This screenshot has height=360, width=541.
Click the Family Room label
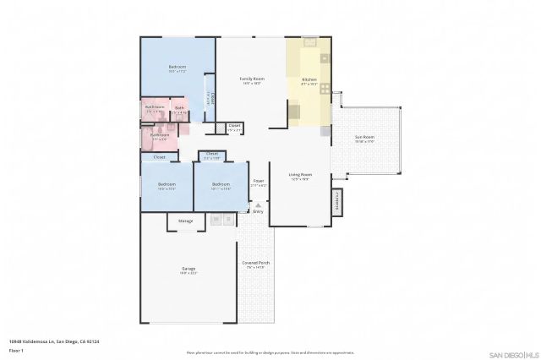tap(252, 79)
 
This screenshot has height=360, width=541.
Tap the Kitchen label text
tap(309, 79)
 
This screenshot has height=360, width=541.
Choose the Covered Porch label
tap(254, 263)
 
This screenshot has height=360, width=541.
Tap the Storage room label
tap(185, 221)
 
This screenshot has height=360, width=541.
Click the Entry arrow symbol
tap(258, 205)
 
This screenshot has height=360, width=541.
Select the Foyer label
tap(259, 181)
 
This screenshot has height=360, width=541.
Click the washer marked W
tap(216, 220)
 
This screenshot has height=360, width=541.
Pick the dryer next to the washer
tap(227, 220)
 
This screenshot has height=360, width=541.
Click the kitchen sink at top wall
tap(309, 41)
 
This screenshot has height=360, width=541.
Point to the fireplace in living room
tap(336, 201)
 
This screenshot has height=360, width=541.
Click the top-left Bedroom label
tap(177, 67)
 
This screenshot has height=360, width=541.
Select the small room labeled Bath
tap(179, 107)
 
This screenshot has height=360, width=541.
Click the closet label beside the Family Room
tap(234, 126)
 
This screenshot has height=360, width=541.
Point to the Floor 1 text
tap(17, 350)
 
